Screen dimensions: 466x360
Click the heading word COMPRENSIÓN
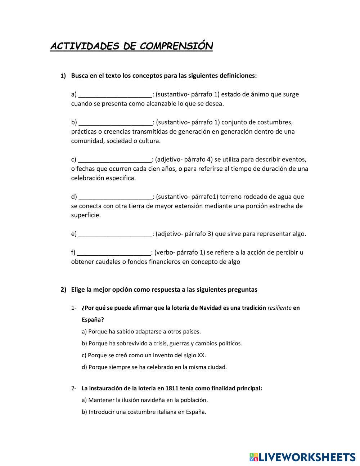click(x=176, y=46)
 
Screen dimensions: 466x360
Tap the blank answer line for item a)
click(x=115, y=95)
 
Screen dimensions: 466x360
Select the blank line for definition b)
click(x=115, y=122)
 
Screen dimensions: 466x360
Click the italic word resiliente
click(x=279, y=308)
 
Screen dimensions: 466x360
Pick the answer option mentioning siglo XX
click(x=144, y=355)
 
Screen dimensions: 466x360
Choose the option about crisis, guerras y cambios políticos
click(x=162, y=343)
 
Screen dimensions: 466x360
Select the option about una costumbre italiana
click(x=144, y=412)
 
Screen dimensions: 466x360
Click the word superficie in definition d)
click(x=86, y=215)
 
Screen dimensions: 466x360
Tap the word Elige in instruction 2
click(x=78, y=290)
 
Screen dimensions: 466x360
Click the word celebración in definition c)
click(x=87, y=178)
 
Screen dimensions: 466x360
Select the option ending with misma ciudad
click(x=154, y=367)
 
